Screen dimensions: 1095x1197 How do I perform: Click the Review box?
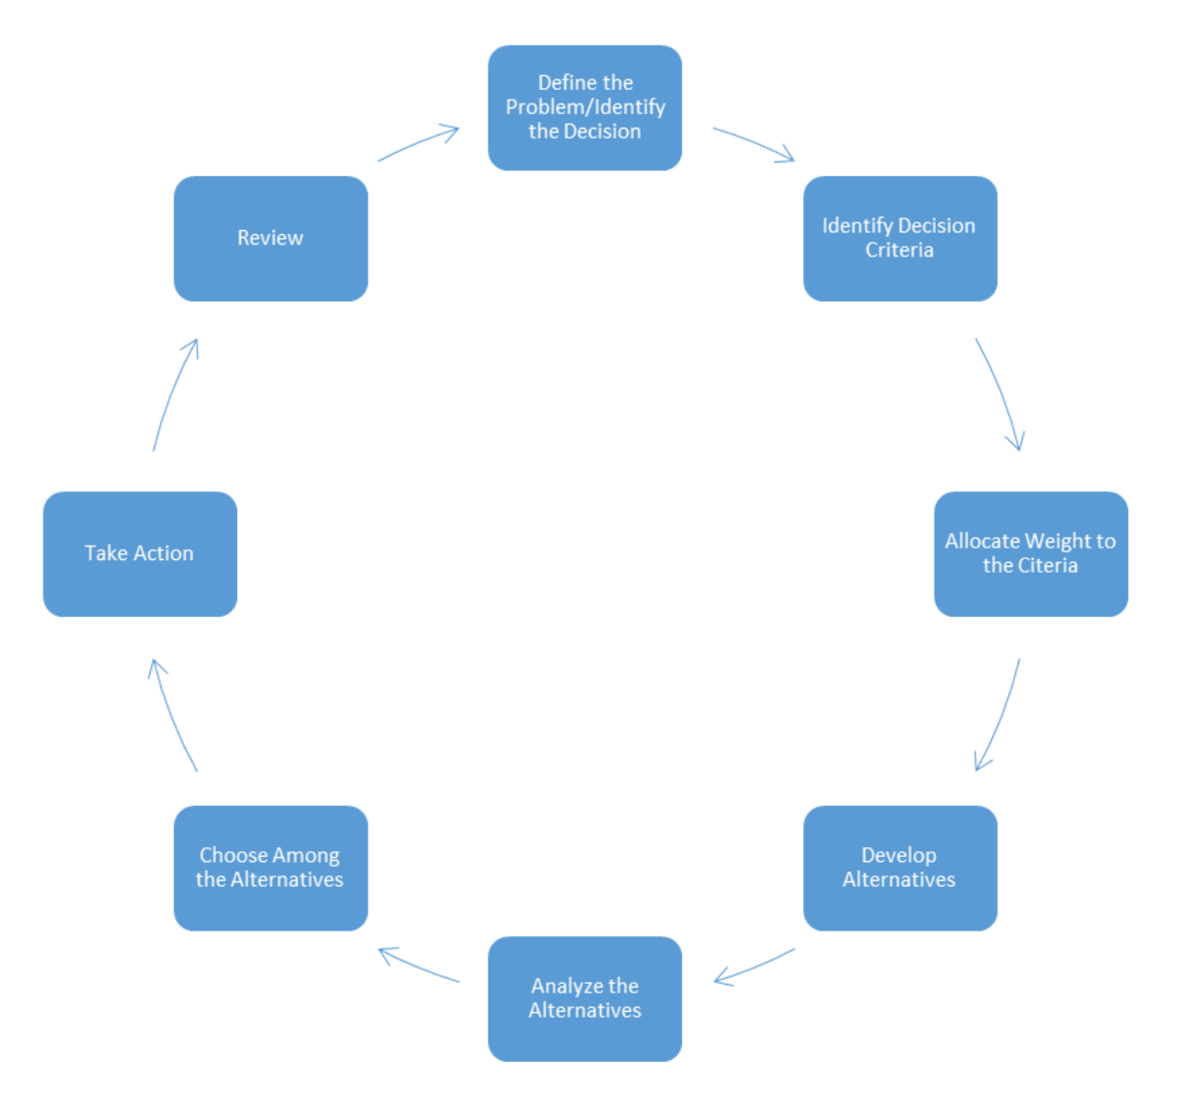click(270, 238)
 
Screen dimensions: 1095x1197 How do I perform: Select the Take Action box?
click(139, 553)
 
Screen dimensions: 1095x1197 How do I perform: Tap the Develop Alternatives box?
click(899, 868)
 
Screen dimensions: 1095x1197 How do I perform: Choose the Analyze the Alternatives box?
click(584, 998)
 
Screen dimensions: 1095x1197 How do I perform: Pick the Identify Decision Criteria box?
click(899, 238)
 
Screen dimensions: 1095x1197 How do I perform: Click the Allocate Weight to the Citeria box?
click(1031, 553)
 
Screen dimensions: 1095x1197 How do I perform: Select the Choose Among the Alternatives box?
click(270, 868)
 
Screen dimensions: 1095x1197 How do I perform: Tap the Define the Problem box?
click(584, 107)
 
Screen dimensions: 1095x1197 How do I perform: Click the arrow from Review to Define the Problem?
click(416, 143)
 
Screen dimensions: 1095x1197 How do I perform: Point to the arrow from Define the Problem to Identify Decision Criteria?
click(753, 142)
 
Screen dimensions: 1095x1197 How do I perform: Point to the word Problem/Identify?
click(584, 107)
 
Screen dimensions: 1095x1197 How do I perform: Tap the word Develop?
click(899, 855)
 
